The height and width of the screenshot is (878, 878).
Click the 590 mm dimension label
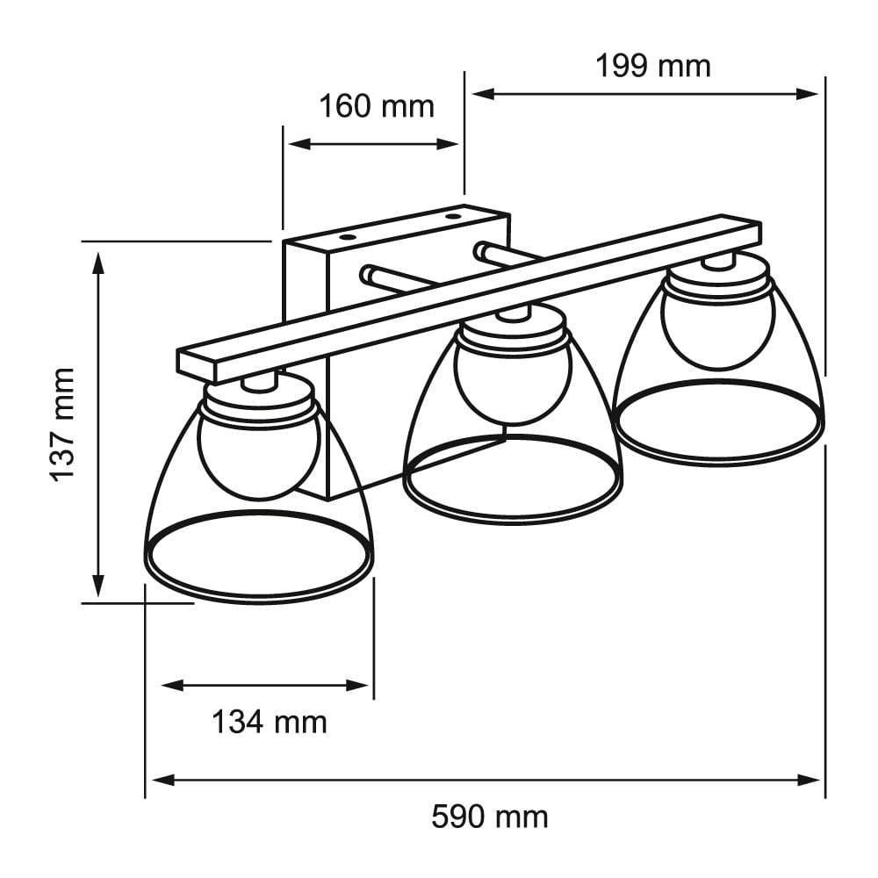489,817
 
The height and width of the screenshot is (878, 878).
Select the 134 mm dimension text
269,723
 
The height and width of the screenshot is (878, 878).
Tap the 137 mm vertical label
62,424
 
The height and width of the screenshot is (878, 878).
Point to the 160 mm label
376,106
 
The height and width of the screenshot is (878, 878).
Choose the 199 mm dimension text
652,65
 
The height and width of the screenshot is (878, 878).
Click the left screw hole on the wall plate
346,237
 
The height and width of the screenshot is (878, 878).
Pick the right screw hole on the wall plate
452,213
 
